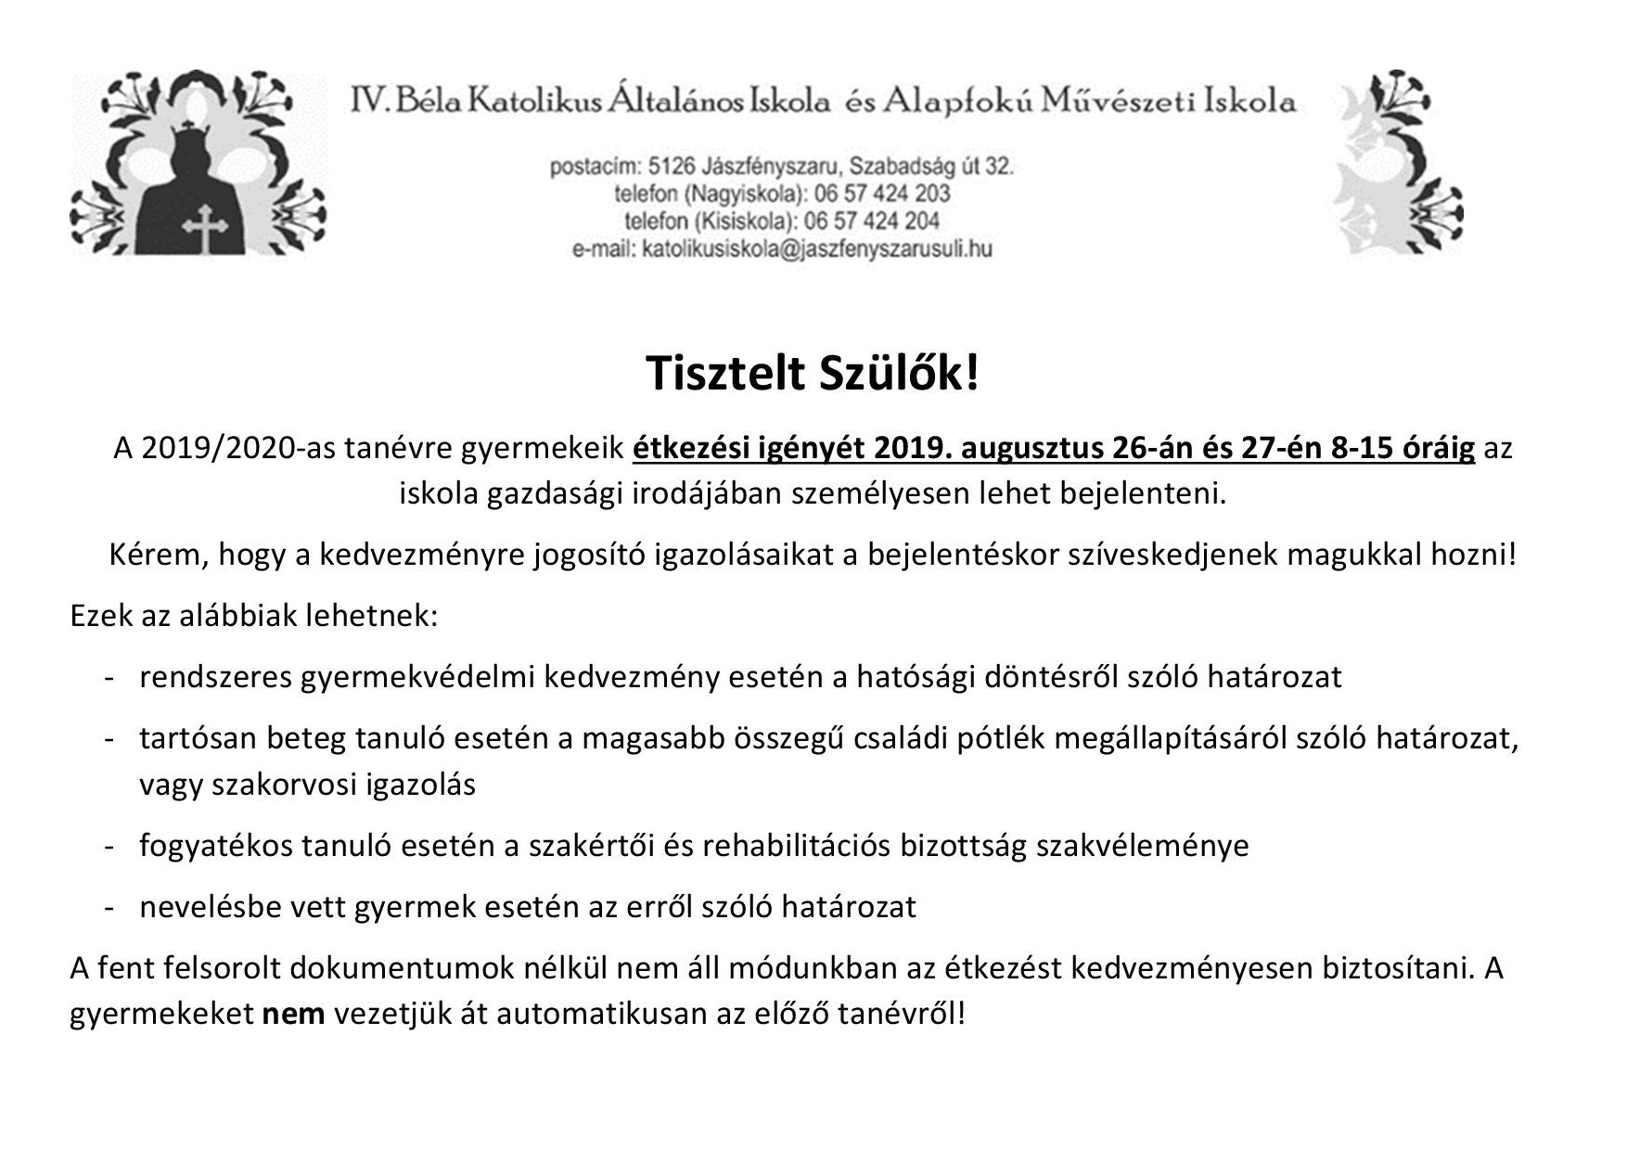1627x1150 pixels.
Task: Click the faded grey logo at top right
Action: click(x=1399, y=165)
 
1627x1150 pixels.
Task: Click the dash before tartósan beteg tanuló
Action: click(x=109, y=738)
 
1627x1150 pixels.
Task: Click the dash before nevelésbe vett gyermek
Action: click(x=109, y=906)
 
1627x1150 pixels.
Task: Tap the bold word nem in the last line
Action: click(x=293, y=1014)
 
